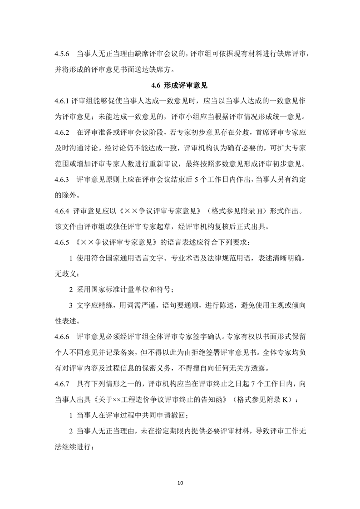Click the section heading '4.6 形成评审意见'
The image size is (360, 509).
[179, 85]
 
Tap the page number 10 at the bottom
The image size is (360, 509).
[180, 482]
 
